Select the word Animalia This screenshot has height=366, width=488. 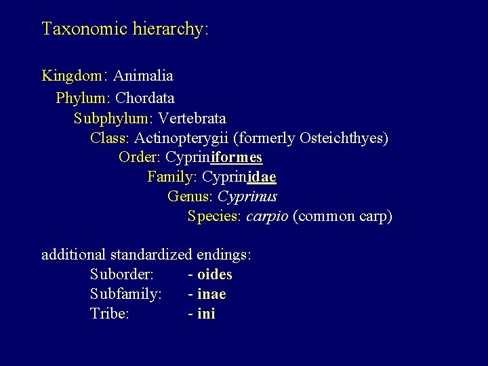[x=143, y=75]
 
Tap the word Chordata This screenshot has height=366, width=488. [x=145, y=98]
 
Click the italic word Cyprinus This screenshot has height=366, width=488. [x=247, y=197]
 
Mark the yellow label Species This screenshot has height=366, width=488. [x=213, y=217]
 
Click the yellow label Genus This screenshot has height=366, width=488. [x=189, y=197]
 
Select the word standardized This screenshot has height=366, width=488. [x=151, y=256]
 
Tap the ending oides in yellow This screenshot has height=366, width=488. [x=214, y=275]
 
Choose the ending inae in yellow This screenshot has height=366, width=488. [x=211, y=295]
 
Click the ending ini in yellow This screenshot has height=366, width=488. [x=206, y=314]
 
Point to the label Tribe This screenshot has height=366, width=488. [x=109, y=314]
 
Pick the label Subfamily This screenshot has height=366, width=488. [x=125, y=295]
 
